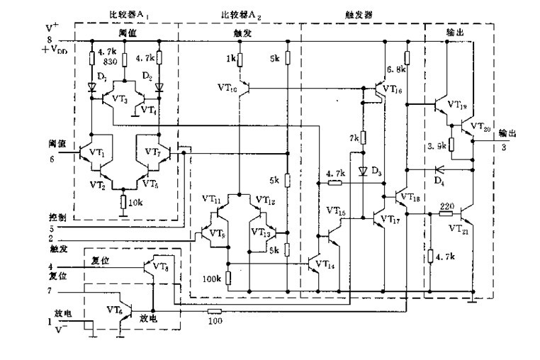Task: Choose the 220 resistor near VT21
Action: (446, 212)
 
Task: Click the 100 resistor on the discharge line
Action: (215, 310)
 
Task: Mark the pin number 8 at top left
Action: (50, 39)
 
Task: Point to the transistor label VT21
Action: (460, 229)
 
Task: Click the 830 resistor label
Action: (110, 62)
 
